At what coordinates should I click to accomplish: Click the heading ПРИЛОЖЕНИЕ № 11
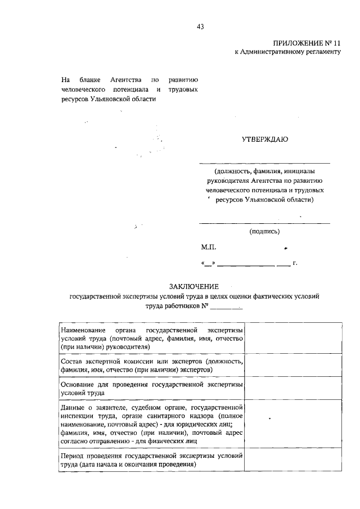click(x=307, y=43)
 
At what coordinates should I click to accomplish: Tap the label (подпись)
click(x=264, y=231)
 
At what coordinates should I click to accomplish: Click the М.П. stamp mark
click(x=208, y=247)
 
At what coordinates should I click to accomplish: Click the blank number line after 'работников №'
click(x=226, y=307)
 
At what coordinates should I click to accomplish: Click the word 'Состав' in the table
click(x=71, y=361)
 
